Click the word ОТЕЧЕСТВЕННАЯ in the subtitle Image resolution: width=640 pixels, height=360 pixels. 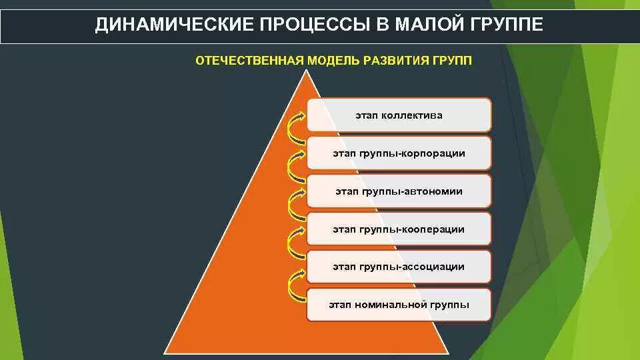pyautogui.click(x=249, y=61)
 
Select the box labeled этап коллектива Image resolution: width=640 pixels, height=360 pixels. pyautogui.click(x=399, y=115)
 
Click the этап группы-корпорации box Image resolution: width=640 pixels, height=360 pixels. pyautogui.click(x=399, y=153)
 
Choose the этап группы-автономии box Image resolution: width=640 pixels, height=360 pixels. pyautogui.click(x=399, y=191)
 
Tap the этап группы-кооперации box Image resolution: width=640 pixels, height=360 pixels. pyautogui.click(x=399, y=229)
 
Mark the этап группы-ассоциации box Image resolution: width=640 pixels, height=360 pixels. pyautogui.click(x=399, y=267)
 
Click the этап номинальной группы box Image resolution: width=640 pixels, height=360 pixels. pyautogui.click(x=399, y=305)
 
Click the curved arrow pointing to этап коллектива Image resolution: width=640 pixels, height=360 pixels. pyautogui.click(x=294, y=127)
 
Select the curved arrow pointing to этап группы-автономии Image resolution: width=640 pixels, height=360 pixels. pyautogui.click(x=294, y=203)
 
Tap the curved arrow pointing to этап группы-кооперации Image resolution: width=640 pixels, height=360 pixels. pyautogui.click(x=294, y=241)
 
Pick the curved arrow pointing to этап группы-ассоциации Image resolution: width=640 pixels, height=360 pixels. pyautogui.click(x=294, y=279)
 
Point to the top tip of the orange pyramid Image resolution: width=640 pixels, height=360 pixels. pyautogui.click(x=307, y=71)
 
